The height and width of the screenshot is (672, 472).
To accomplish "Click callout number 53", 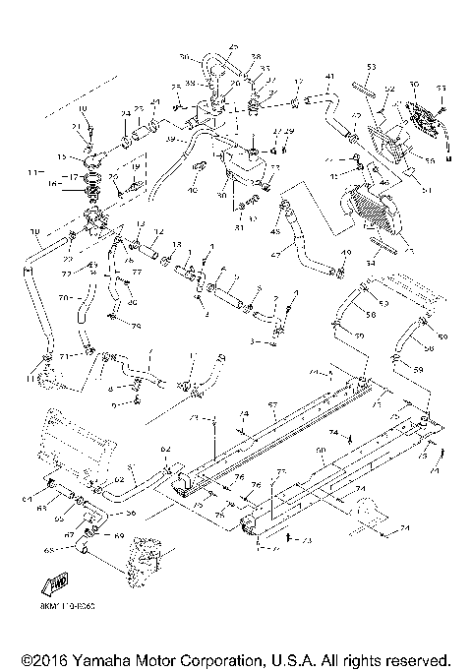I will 372,66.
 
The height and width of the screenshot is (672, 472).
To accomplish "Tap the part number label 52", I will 389,89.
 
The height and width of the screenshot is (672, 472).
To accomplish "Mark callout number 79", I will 137,327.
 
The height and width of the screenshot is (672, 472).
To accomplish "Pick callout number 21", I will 75,127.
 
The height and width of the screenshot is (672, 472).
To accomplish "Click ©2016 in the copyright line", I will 40,659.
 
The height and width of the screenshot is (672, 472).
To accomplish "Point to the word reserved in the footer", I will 418,659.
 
